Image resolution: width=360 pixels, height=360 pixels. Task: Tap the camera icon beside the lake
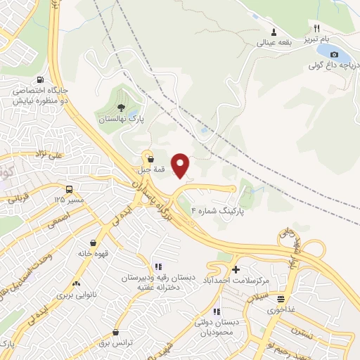tap(334, 55)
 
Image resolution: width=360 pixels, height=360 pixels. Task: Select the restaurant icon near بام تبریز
tap(318, 28)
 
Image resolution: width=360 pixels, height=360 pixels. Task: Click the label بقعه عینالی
tap(274, 41)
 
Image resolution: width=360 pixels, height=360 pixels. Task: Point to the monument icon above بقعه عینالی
tap(274, 32)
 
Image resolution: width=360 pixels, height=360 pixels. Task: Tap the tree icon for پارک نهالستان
tap(122, 108)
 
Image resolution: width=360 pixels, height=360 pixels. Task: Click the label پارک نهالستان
tap(121, 120)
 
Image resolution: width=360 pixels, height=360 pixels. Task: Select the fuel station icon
tap(39, 79)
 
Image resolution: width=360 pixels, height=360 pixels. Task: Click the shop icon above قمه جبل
tap(150, 159)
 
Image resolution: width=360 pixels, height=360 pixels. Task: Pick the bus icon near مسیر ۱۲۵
tap(69, 189)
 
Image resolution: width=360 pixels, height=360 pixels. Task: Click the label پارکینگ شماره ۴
tap(224, 210)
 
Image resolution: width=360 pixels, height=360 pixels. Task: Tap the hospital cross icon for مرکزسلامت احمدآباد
tap(236, 269)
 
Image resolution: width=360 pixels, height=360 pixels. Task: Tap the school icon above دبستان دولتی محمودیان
tap(217, 311)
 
